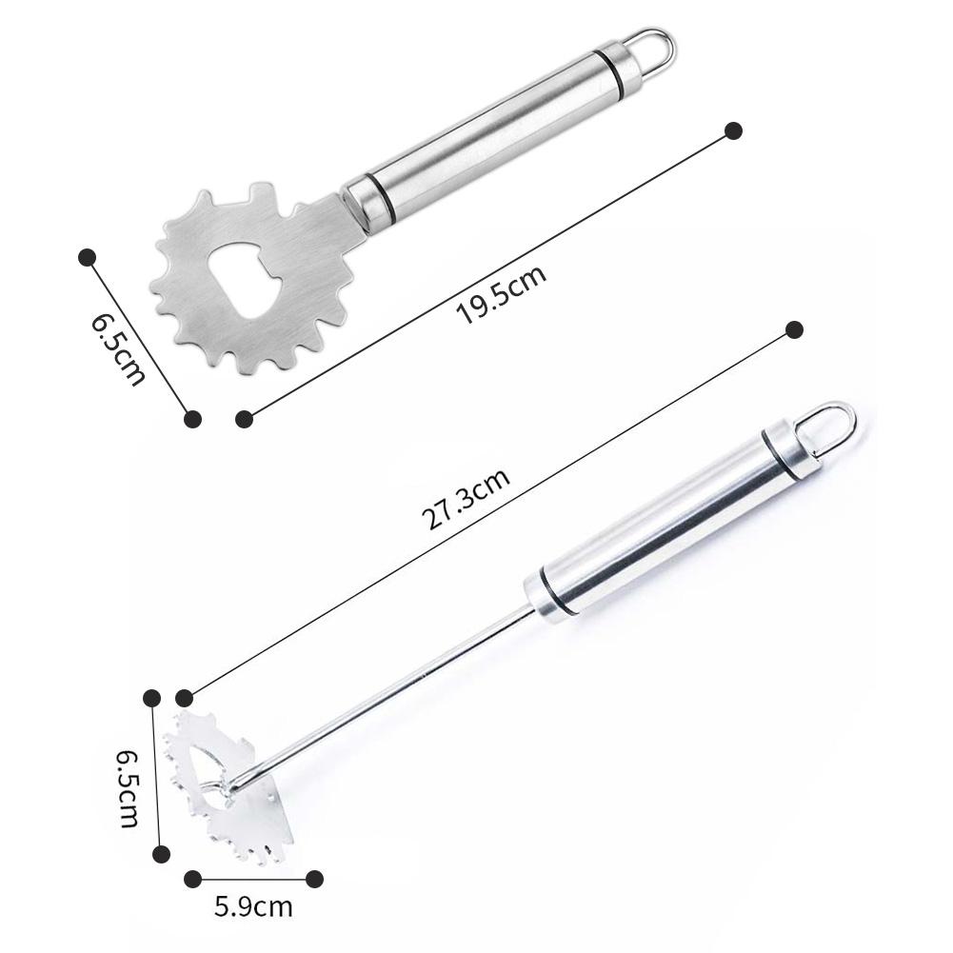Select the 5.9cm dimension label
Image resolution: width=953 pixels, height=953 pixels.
pyautogui.click(x=253, y=906)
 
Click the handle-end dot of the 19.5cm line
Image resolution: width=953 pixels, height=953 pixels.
pyautogui.click(x=733, y=130)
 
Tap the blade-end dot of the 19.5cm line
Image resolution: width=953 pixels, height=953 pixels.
pyautogui.click(x=244, y=418)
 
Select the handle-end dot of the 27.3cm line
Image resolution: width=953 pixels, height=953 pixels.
pyautogui.click(x=795, y=330)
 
